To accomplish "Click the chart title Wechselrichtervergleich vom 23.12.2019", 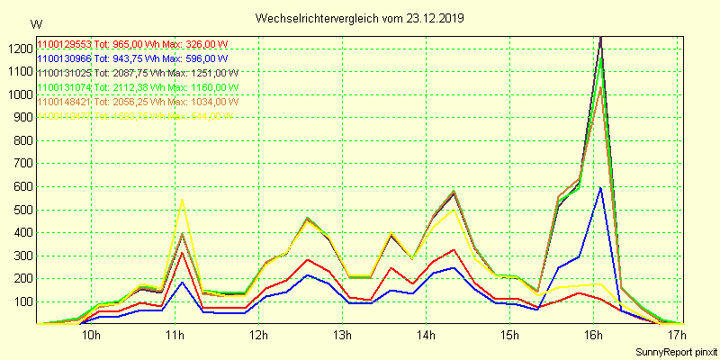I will tap(360, 18).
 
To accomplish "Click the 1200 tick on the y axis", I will tap(16, 49).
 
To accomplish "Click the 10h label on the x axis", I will tap(90, 337).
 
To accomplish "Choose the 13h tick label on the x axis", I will tap(343, 337).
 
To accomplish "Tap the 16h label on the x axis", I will tap(594, 337).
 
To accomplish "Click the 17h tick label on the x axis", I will tap(677, 337).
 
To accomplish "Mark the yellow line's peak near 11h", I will tap(183, 200).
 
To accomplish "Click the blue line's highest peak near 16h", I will tap(600, 187).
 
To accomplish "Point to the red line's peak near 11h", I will tap(183, 253).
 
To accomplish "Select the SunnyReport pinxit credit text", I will tap(676, 352).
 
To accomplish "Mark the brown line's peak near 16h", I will tap(600, 87).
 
